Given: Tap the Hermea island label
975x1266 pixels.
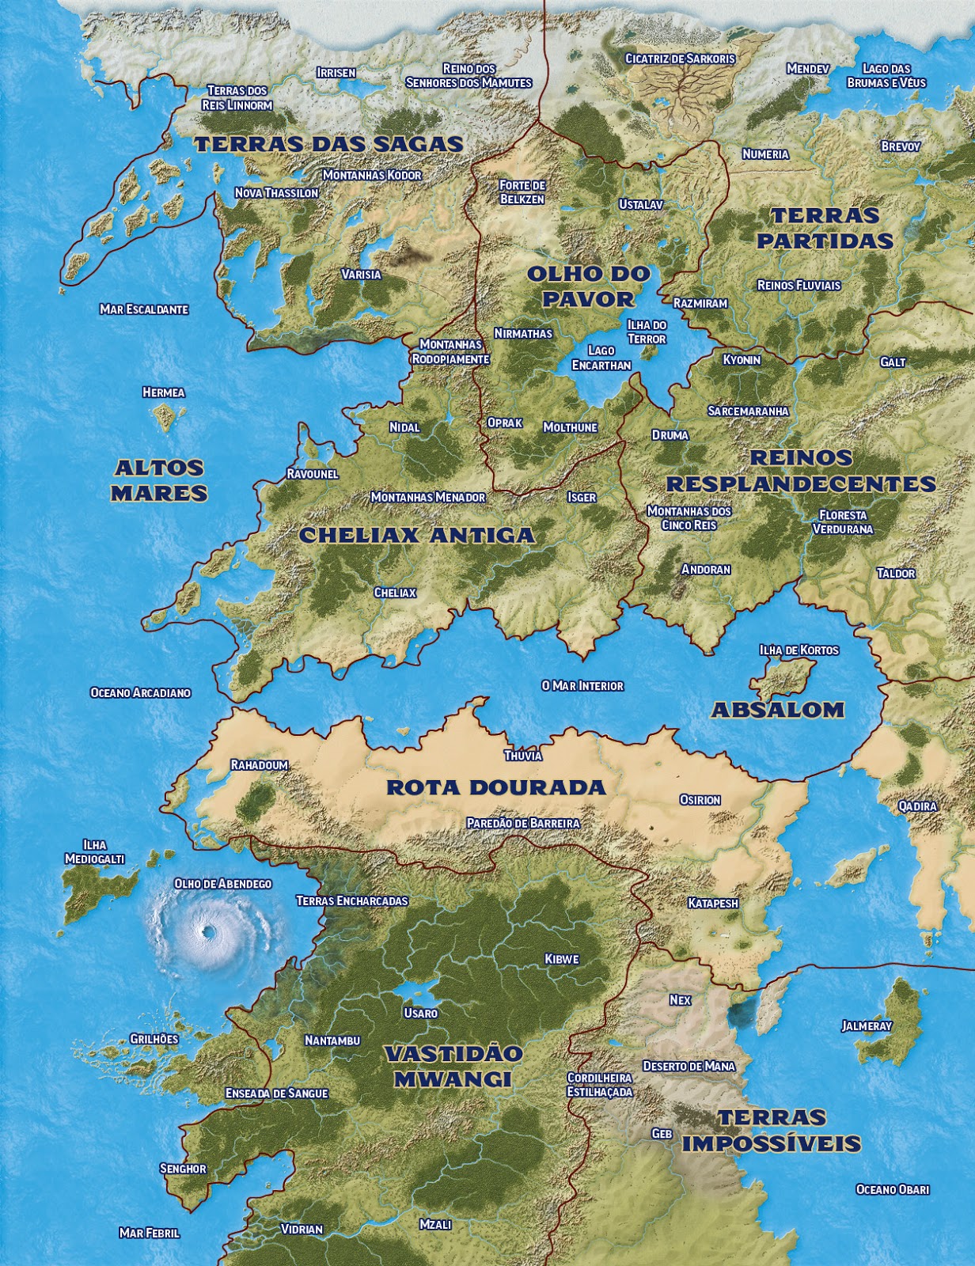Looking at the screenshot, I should coord(164,392).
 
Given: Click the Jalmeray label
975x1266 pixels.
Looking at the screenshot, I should coord(867,1026).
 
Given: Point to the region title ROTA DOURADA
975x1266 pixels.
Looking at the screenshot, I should coord(496,788).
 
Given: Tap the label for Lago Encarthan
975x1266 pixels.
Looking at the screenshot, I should coord(601,358).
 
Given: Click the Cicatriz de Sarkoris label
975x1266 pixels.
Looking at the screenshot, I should coord(680,59).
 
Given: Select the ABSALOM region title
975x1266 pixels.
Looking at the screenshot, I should coord(778,710).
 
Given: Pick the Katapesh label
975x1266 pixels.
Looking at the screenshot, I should coord(713,903).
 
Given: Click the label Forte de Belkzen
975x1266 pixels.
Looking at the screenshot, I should coord(522,192).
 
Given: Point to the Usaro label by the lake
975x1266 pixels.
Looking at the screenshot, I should coord(420,1013).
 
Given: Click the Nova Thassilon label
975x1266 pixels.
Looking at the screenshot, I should coord(277,193).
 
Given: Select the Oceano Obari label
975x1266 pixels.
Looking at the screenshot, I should coord(893,1189).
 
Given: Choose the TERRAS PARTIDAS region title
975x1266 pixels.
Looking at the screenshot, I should coord(825,228).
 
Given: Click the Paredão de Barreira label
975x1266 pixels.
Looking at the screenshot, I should coord(523,823).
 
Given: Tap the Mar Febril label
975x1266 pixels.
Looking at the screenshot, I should coord(150,1233).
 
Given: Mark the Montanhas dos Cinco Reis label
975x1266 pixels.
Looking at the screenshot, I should coord(689,518).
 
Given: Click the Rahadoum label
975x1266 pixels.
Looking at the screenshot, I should coord(260,765).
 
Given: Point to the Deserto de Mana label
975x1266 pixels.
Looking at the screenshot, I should coord(689,1067).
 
